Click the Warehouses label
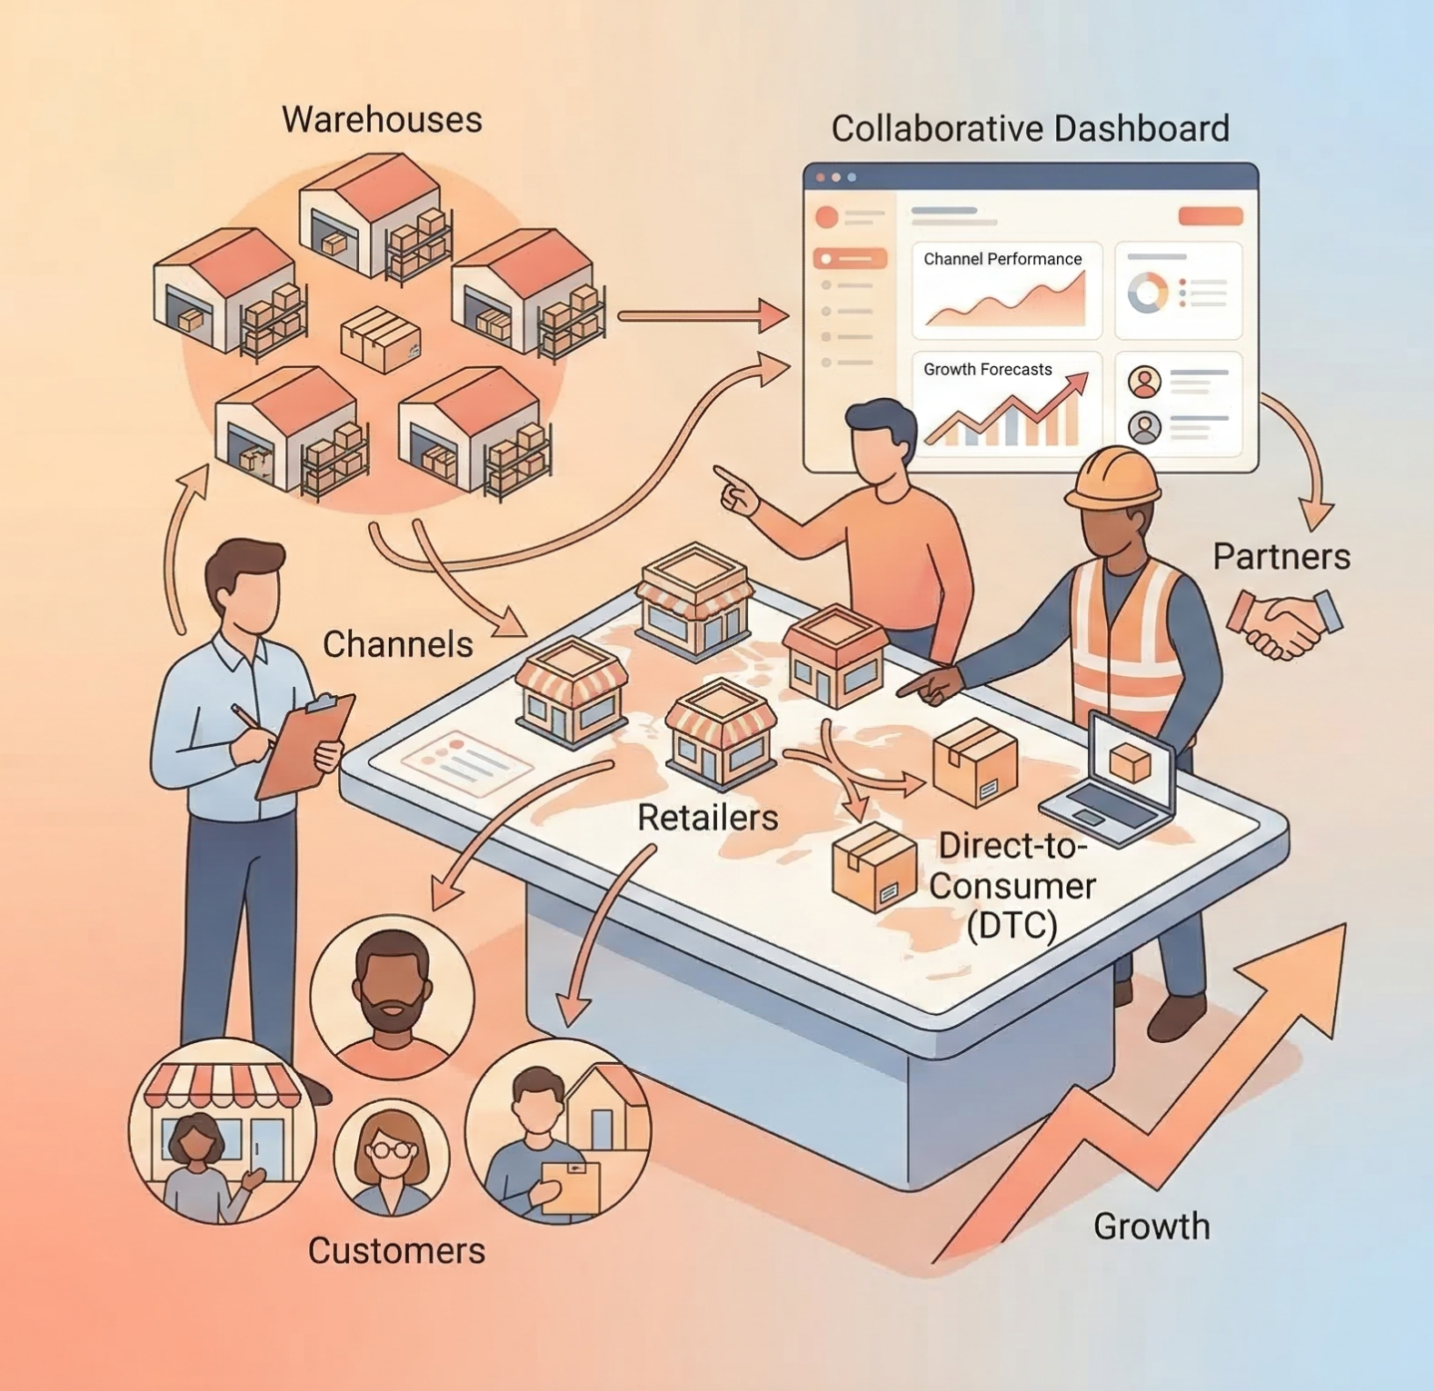point(382,120)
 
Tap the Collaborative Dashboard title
point(1029,129)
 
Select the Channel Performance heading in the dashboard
point(1002,259)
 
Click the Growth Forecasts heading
point(987,370)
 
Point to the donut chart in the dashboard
point(1147,293)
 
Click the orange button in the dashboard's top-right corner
point(1210,216)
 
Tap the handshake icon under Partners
point(1284,624)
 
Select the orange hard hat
point(1114,477)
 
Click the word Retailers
point(707,818)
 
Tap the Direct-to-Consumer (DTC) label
point(1011,885)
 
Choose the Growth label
point(1151,1226)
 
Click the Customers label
point(396,1250)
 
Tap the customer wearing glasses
point(391,1159)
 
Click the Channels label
point(397,645)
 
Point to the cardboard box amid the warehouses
point(380,338)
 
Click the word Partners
point(1280,556)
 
